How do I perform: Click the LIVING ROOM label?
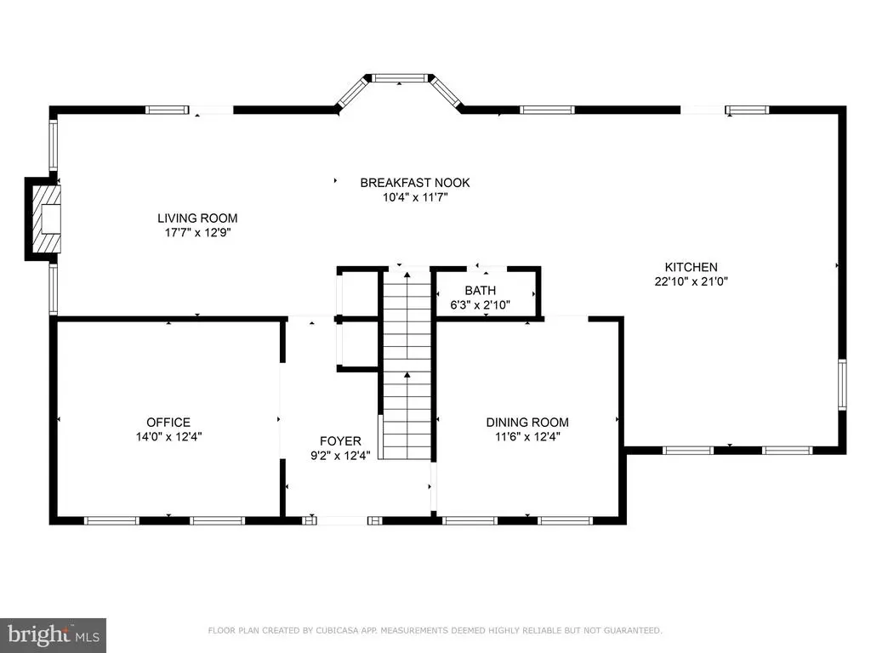[202, 218]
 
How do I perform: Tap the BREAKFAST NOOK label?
[414, 183]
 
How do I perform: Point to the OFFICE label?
[168, 423]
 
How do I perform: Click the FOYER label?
[340, 441]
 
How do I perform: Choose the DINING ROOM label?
[527, 423]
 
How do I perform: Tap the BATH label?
[481, 291]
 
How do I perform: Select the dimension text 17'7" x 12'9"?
[202, 232]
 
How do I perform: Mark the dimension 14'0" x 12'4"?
[168, 437]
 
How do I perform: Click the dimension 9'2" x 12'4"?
[340, 456]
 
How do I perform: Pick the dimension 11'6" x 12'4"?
[527, 437]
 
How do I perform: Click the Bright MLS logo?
[53, 634]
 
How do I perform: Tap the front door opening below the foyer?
[344, 519]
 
